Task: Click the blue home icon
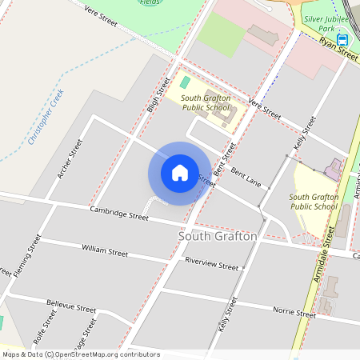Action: [x=179, y=173]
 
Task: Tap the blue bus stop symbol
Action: [x=342, y=40]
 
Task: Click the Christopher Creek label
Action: [x=45, y=117]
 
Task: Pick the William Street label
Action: [x=105, y=251]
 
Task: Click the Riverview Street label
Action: [x=211, y=266]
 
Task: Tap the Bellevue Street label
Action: [x=71, y=308]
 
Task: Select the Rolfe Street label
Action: [x=50, y=328]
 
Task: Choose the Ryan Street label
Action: [x=338, y=50]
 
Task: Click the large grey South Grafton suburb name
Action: [x=218, y=237]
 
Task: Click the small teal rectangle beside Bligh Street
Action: [x=185, y=82]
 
